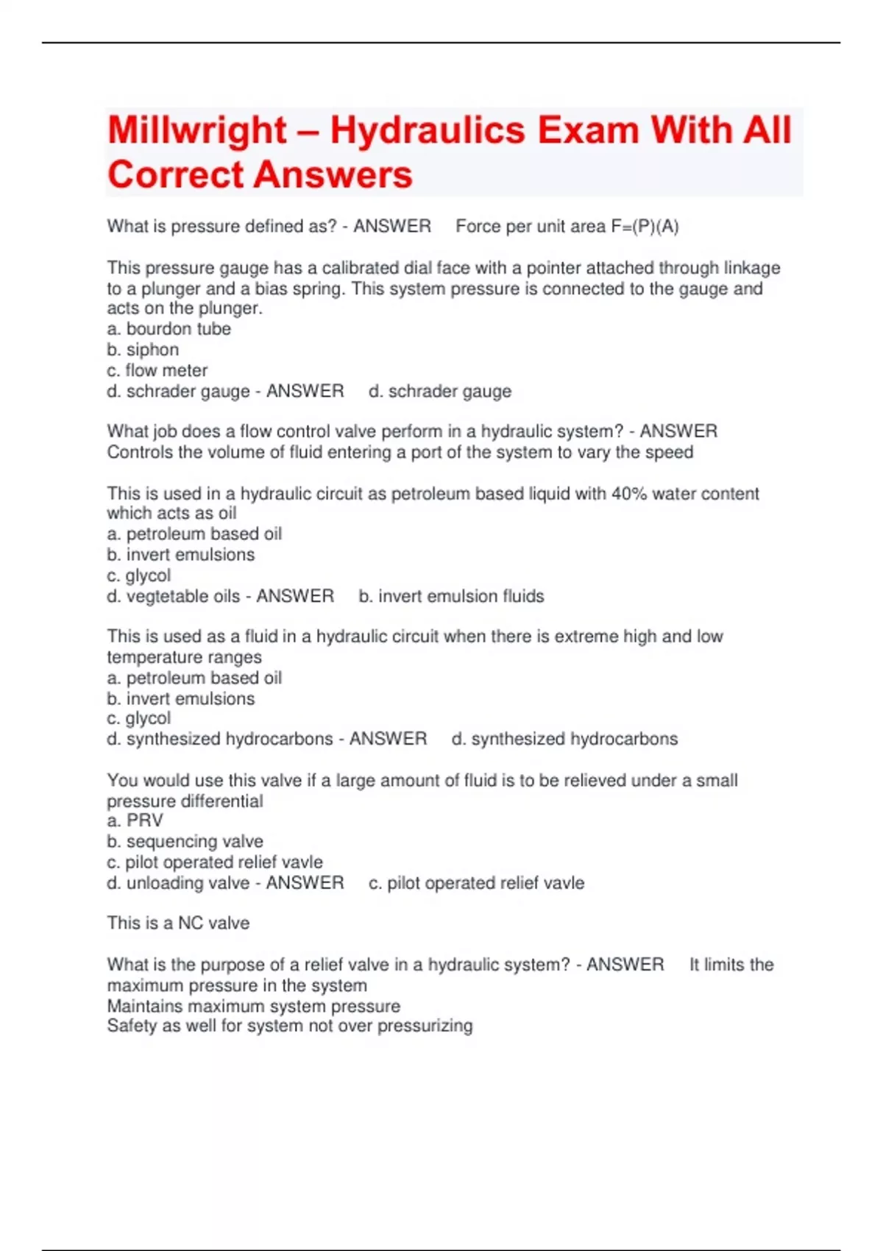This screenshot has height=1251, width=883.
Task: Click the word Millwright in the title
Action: point(196,131)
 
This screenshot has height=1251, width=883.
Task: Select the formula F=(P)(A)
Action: point(645,227)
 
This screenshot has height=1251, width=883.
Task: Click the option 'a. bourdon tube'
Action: point(169,329)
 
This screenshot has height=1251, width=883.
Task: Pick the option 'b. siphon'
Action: point(143,350)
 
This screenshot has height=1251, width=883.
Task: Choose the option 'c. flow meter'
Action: point(157,370)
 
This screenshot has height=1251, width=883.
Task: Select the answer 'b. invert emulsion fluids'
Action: point(451,596)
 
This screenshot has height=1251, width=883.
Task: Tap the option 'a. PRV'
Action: point(135,821)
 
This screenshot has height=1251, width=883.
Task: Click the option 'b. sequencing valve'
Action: point(185,841)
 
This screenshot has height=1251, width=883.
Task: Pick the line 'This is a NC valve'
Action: point(178,923)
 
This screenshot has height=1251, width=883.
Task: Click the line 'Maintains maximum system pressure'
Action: point(254,1006)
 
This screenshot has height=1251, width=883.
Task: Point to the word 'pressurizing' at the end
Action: point(425,1026)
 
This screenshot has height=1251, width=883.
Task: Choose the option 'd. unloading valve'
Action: point(178,883)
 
